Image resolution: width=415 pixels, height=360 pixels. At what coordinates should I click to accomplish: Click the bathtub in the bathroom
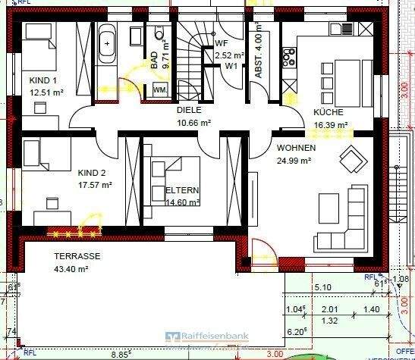point(106,44)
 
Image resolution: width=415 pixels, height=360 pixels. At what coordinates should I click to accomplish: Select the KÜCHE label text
point(329,112)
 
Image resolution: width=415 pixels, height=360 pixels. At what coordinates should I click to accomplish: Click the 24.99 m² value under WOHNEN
point(294,160)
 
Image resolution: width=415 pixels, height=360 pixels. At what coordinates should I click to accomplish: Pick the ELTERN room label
point(181,190)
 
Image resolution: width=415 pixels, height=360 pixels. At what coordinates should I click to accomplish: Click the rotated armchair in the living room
point(351,159)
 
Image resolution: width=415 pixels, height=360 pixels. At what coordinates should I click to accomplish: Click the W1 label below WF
point(228,66)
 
